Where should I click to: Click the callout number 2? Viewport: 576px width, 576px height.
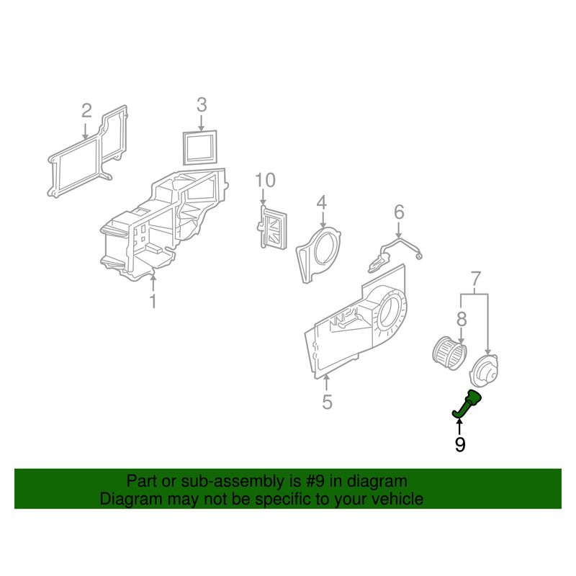(86, 111)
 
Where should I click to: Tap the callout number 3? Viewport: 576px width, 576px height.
(202, 104)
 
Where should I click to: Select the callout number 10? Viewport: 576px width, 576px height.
(265, 181)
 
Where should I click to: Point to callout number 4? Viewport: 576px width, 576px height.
(321, 203)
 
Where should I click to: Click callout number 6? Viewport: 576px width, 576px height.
(400, 212)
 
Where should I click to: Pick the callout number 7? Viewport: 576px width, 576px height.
(476, 279)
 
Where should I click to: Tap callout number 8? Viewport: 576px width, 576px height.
(462, 319)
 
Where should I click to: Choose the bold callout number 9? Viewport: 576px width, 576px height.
(460, 445)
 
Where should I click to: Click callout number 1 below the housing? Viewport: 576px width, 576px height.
(153, 301)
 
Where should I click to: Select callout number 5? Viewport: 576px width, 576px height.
(327, 402)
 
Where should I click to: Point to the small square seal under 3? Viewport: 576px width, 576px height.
(200, 148)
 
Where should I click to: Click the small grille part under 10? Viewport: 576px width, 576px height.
(274, 228)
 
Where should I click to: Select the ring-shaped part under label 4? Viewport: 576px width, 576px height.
(318, 254)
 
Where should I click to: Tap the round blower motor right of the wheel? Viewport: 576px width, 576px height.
(485, 370)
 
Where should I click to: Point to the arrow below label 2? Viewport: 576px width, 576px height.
(85, 131)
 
